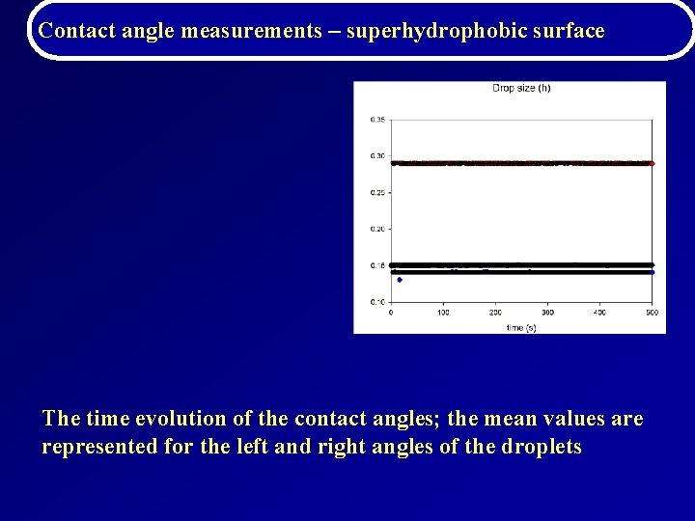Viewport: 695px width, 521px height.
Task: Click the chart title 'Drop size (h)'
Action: [521, 89]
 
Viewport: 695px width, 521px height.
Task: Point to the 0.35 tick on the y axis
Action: [377, 120]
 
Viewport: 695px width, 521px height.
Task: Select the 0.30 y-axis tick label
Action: [377, 156]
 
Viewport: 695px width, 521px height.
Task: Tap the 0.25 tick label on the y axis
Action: [377, 193]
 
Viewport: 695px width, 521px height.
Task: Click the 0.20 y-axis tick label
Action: [377, 230]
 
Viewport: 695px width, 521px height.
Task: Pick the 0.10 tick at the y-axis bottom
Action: [377, 302]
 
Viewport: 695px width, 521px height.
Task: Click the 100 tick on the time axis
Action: [443, 313]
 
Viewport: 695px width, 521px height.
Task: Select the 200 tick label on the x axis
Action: [495, 313]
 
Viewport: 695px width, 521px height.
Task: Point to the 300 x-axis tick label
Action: [547, 313]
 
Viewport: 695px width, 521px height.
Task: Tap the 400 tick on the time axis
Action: [599, 313]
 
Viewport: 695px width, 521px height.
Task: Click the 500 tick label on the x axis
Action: [652, 313]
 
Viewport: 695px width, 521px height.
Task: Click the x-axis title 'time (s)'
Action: [521, 327]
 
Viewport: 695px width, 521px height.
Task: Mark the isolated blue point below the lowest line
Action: [399, 280]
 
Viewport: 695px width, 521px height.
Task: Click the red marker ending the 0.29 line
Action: [652, 164]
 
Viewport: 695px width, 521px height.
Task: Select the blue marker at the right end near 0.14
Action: [652, 272]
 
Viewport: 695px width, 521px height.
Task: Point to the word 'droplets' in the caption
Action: [542, 448]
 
